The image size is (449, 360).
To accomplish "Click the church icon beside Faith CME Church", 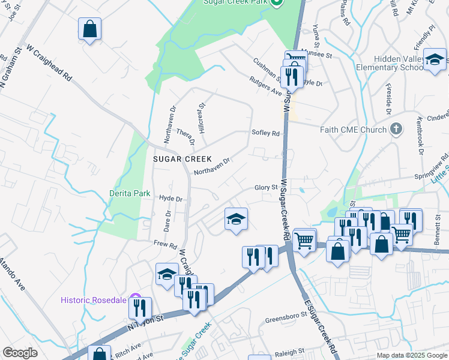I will coord(396,128).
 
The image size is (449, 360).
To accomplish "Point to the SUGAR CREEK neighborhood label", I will coord(182,159).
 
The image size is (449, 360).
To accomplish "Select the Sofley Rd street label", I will coord(266,133).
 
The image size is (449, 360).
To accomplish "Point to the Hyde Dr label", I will coord(170,199).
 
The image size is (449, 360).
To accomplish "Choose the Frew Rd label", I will coord(165,245).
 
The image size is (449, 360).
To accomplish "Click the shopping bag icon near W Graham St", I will coord(89,29).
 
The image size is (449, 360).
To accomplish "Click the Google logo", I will coord(20,353).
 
